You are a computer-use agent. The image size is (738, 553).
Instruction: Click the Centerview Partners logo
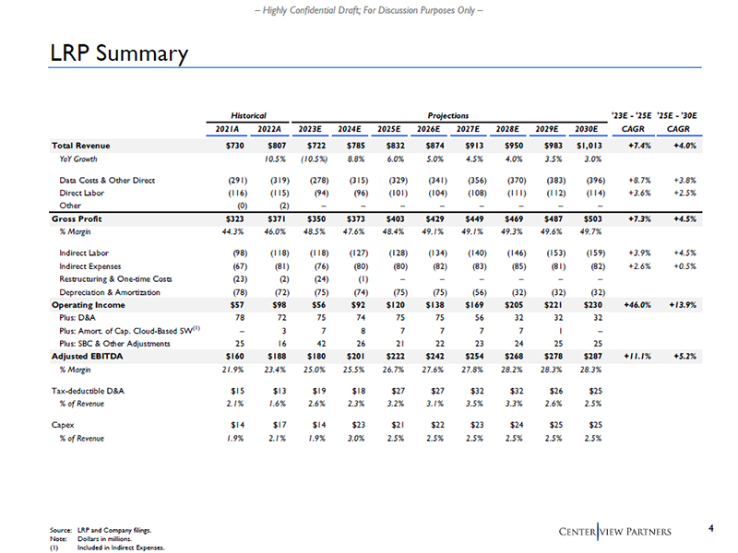coord(616,531)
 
